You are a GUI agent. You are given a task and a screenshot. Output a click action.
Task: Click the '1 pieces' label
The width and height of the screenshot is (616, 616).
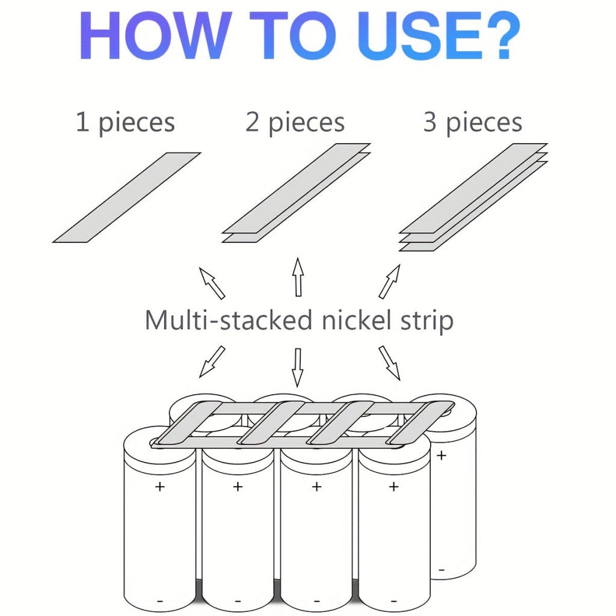coord(125,123)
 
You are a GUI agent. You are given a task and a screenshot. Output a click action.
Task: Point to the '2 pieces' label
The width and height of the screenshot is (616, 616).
coord(295,123)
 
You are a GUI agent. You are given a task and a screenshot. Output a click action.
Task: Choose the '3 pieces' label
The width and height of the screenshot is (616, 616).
coord(473,123)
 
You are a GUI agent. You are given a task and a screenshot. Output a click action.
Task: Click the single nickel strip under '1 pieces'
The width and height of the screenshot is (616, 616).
coord(126,197)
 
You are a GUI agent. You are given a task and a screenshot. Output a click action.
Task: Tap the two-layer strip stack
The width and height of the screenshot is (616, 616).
coord(296,193)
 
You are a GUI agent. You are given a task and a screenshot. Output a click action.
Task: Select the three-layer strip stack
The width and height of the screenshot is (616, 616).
coord(473,197)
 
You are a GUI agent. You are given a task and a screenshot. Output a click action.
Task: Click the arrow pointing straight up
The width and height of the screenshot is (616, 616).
coord(298,277)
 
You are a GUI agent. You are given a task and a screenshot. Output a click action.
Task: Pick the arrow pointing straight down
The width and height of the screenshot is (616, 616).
coord(298,368)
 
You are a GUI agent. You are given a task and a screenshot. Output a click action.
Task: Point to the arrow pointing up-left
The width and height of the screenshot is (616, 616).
coord(212,283)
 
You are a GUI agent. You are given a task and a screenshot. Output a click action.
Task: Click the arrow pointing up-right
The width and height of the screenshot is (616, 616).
coord(390,282)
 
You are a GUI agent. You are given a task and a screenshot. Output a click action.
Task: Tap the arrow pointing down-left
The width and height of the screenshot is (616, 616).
coord(212,362)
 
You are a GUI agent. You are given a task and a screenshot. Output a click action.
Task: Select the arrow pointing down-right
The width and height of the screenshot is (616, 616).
coord(390,363)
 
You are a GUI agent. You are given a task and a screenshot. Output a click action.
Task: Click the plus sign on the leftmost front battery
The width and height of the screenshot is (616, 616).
coord(159,487)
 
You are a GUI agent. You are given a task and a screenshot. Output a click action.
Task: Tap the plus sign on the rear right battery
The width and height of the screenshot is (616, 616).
coord(442,455)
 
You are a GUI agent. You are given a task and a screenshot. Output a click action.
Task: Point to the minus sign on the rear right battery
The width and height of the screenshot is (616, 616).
coord(442,570)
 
